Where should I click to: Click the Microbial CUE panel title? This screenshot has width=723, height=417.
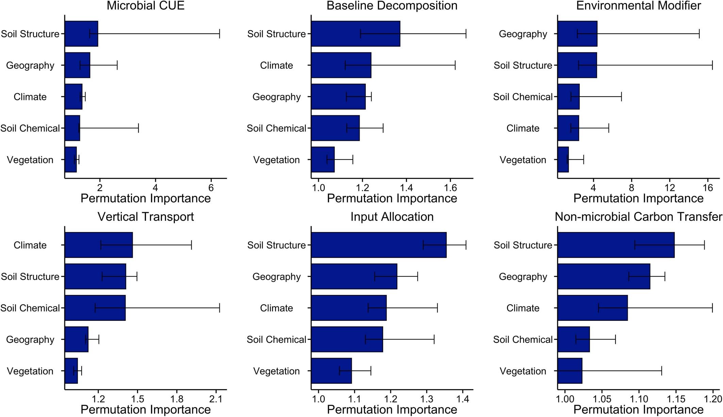145,6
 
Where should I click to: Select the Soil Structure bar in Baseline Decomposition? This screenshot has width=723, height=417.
356,34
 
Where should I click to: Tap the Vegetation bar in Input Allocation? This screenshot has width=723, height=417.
331,371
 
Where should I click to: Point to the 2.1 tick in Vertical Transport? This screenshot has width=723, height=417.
216,398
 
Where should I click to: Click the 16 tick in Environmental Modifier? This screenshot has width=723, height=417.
708,187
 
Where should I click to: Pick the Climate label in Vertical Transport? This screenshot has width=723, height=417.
30,245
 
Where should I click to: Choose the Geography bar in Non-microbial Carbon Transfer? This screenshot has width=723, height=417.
604,277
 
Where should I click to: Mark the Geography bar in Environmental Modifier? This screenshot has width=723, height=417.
577,34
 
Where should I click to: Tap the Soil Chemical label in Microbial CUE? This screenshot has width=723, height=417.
30,128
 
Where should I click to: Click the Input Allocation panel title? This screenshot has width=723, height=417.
392,217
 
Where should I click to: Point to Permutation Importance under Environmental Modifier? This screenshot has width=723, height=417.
638,198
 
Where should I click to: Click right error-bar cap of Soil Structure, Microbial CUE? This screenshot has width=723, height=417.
219,34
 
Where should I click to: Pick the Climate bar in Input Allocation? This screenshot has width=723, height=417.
349,308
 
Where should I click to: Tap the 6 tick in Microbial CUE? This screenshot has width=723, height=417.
211,187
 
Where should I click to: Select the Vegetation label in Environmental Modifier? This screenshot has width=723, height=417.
523,160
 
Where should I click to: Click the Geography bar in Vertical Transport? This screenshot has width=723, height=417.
76,339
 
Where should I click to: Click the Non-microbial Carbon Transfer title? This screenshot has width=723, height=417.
638,217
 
